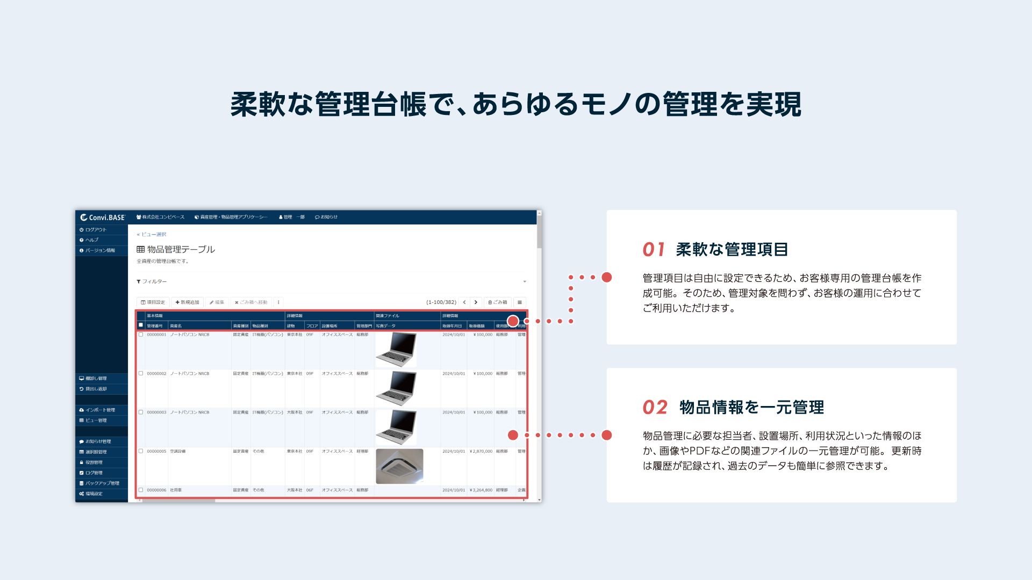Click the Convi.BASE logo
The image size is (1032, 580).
(x=103, y=218)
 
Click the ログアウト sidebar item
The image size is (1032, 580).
(x=96, y=230)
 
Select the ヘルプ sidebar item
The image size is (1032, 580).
(x=92, y=240)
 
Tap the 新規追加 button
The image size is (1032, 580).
(x=188, y=302)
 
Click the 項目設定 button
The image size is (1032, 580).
(x=153, y=302)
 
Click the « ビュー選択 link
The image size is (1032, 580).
(x=152, y=235)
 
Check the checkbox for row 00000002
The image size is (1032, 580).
(x=141, y=373)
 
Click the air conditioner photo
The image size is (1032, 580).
(x=399, y=466)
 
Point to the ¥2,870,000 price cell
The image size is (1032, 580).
(x=481, y=452)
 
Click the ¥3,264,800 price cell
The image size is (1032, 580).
(x=481, y=490)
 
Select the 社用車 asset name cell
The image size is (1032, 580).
(x=176, y=490)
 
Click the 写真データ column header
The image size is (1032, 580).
(x=386, y=326)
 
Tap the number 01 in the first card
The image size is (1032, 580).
(x=654, y=250)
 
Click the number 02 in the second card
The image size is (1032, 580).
(x=655, y=408)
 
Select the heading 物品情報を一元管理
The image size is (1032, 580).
(x=751, y=408)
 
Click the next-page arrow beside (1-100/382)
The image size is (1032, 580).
(x=476, y=302)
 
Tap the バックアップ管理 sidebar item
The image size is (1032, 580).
(x=102, y=483)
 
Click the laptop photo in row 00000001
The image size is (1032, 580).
(x=396, y=350)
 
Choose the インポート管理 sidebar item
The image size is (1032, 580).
(x=100, y=410)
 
